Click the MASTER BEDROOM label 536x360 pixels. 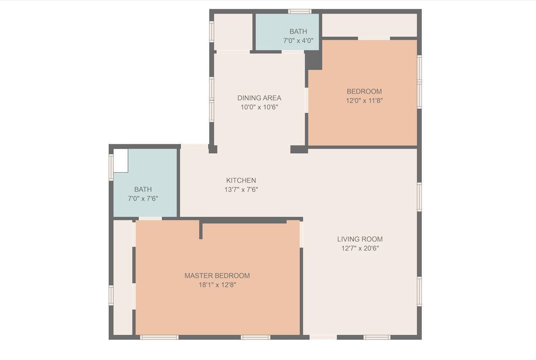217,275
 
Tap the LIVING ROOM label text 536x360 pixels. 360,239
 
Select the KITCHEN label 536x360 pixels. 241,180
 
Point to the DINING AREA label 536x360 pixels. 259,98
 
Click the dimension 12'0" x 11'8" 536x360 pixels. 365,100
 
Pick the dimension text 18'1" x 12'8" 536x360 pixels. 218,285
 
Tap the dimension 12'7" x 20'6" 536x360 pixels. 360,248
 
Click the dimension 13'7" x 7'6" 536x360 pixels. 241,190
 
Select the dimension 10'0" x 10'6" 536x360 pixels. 259,107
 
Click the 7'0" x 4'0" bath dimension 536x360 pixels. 298,41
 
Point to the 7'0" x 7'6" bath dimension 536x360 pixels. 143,198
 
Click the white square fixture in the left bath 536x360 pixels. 120,161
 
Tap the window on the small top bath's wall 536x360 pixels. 300,11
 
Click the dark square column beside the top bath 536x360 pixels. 313,60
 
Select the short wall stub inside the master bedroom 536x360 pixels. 201,230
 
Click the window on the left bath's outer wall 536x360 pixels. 111,167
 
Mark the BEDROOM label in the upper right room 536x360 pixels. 365,91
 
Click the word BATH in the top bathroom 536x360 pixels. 298,32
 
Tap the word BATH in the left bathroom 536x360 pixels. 143,189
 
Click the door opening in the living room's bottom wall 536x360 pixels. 323,338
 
